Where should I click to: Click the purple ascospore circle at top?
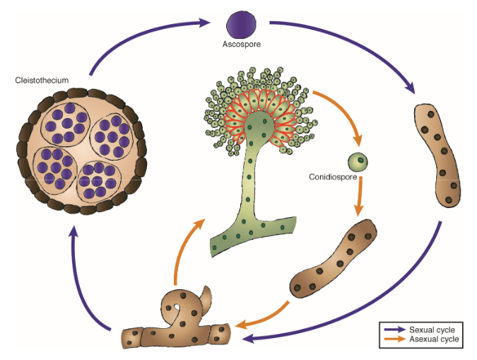(x=240, y=25)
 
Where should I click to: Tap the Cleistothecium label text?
(x=42, y=81)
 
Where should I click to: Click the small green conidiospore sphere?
(x=360, y=161)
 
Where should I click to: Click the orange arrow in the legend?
(x=394, y=340)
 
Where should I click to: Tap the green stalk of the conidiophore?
(x=249, y=198)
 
